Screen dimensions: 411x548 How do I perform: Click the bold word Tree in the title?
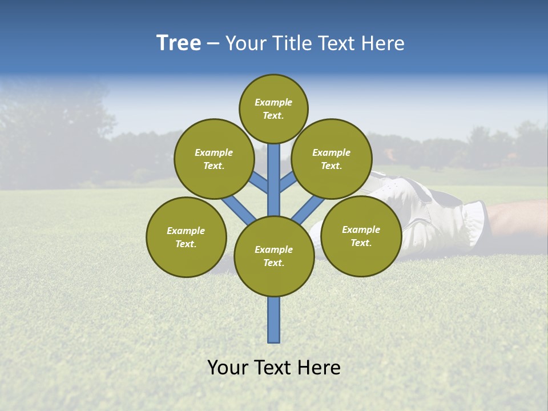179,43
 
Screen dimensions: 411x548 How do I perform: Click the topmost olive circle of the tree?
273,109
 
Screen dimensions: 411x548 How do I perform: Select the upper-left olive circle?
214,159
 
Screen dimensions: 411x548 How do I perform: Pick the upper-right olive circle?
332,159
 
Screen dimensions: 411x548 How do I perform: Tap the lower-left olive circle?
186,237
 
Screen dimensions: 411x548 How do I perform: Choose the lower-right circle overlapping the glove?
361,236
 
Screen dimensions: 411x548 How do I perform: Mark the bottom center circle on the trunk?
274,256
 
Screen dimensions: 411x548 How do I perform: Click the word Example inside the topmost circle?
273,103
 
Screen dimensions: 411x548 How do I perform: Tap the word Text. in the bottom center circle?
273,263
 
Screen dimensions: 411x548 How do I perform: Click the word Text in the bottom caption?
272,368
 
